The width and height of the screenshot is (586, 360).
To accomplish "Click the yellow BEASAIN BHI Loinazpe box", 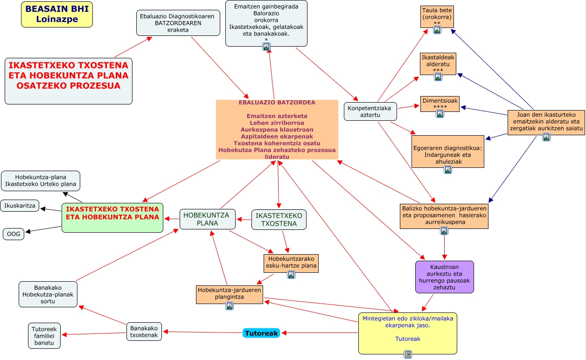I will [x=57, y=14].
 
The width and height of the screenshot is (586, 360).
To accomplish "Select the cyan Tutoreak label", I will [x=261, y=333].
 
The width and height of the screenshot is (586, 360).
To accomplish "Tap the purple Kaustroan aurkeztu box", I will [x=444, y=277].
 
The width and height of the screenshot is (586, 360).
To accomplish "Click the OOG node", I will [x=14, y=234].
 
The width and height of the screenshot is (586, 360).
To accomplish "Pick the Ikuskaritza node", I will [x=20, y=205].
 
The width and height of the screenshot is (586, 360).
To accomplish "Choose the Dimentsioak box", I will [x=440, y=104].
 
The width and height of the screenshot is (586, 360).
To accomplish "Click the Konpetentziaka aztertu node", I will [x=370, y=111].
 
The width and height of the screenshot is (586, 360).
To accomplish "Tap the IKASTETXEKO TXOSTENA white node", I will [x=279, y=219].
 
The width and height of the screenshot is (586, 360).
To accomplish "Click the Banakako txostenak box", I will [x=144, y=331].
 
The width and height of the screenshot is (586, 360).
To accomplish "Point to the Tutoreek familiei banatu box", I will [x=44, y=336].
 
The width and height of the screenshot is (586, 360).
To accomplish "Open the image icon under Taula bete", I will [x=437, y=30].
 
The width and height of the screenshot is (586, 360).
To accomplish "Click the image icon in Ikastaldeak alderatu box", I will [x=438, y=77].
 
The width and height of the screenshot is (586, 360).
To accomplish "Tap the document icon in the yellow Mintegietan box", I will [x=408, y=354].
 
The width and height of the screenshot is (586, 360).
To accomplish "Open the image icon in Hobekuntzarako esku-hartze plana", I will [x=291, y=275].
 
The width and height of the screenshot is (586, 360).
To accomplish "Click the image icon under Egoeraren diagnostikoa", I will [x=448, y=170].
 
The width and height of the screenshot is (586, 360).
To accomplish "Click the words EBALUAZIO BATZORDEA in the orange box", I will [x=277, y=103].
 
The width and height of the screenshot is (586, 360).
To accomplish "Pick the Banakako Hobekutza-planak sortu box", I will [x=48, y=294].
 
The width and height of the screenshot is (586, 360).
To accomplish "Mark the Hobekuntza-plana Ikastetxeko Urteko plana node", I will [x=41, y=180].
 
